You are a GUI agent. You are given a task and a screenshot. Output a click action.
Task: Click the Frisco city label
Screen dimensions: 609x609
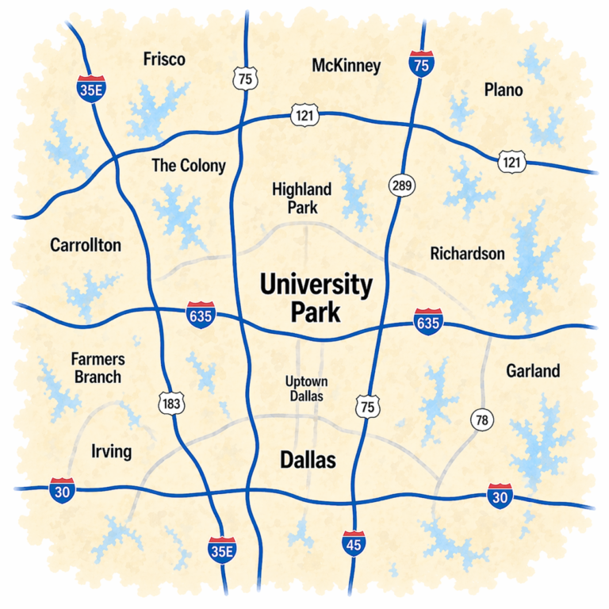click(164, 59)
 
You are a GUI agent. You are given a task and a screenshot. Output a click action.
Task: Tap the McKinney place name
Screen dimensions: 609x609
click(346, 66)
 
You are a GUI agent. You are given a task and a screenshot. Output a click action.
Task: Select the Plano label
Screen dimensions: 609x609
click(504, 90)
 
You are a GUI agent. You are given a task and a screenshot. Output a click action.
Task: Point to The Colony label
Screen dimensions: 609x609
click(189, 166)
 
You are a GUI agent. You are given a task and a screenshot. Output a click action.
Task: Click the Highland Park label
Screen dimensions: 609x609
click(301, 198)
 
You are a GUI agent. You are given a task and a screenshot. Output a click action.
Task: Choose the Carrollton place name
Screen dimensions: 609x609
click(86, 245)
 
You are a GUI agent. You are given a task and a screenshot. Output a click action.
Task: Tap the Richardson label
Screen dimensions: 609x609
click(467, 254)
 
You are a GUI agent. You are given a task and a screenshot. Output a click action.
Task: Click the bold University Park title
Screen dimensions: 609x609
click(316, 298)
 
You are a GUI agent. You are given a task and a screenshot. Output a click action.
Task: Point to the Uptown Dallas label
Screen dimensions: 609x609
click(305, 389)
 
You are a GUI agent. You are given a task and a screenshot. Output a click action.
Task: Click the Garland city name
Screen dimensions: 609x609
click(533, 370)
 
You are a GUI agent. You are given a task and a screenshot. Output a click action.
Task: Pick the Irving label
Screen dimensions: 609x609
click(111, 452)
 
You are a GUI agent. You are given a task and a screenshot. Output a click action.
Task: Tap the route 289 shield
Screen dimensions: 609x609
click(401, 186)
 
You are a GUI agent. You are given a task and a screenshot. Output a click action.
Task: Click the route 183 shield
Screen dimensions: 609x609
click(171, 404)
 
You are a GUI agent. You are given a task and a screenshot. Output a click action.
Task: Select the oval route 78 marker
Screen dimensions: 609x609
click(481, 419)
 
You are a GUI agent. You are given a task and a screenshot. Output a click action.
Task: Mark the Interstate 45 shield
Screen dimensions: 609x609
click(354, 543)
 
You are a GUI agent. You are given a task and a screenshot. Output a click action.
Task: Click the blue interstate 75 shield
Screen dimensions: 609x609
click(421, 64)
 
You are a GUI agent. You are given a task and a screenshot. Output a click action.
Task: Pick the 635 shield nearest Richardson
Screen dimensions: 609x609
click(428, 322)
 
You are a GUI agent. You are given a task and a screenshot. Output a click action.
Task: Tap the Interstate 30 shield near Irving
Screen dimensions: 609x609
click(62, 491)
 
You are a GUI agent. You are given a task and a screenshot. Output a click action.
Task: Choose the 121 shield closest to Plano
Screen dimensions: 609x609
click(512, 162)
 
